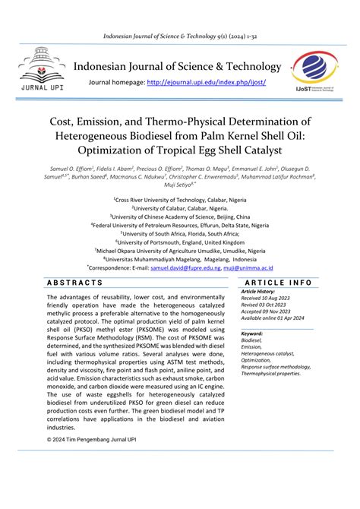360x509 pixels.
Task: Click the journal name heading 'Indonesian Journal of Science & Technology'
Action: tap(177, 66)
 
